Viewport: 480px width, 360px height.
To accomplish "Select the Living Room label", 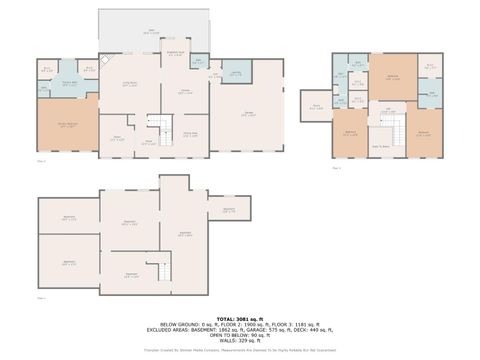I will coord(130,84).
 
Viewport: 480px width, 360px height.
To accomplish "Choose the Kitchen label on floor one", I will coord(185,92).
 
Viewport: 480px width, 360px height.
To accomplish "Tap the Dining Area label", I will coord(189,135).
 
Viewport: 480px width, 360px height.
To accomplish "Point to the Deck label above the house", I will coord(152,31).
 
